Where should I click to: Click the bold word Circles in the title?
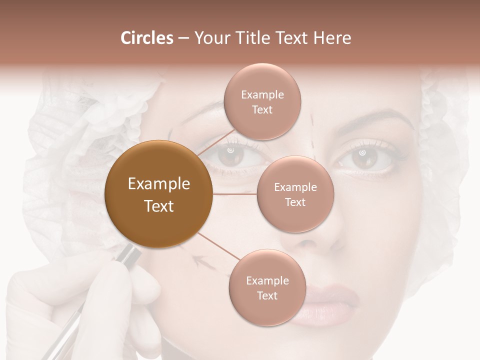pyautogui.click(x=146, y=38)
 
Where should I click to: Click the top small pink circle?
pyautogui.click(x=262, y=101)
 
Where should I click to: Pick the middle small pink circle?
pyautogui.click(x=295, y=194)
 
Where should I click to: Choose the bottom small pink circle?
pyautogui.click(x=267, y=287)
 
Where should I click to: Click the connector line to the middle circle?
pyautogui.click(x=235, y=194)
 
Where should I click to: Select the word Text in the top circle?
pyautogui.click(x=262, y=109)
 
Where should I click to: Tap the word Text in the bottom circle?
pyautogui.click(x=267, y=295)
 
